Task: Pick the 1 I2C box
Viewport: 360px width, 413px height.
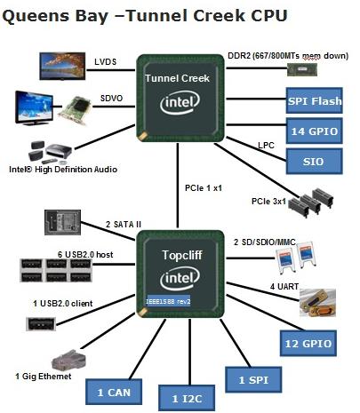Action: [184, 396]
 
